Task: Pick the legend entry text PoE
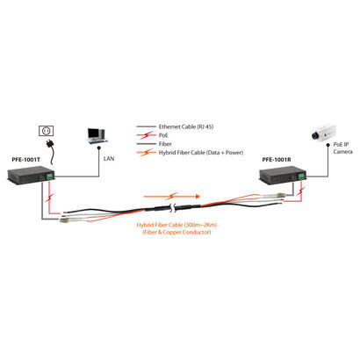pos(162,136)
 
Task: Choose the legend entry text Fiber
pos(164,145)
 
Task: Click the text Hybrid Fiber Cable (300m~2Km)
pos(180,225)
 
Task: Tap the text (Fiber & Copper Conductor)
pos(180,233)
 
